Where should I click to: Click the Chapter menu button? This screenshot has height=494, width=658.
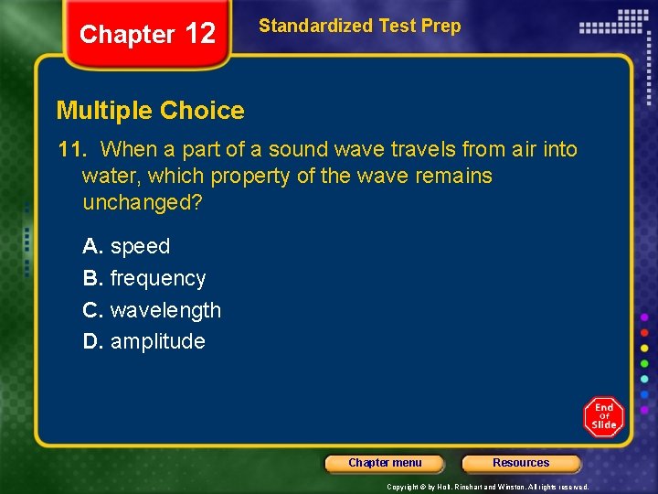385,463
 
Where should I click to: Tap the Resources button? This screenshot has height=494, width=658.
521,463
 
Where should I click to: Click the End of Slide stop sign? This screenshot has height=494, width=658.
604,417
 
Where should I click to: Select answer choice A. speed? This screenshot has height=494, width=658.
126,246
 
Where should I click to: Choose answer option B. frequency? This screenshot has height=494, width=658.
144,278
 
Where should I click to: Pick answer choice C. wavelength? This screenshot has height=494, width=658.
152,310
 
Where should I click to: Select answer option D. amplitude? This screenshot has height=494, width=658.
143,341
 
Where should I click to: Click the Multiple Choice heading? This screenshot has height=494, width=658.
151,111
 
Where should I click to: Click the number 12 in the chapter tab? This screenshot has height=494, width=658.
199,34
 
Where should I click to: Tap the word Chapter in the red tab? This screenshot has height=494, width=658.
127,35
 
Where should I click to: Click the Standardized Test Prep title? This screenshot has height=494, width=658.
360,26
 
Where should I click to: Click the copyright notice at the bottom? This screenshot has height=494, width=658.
487,488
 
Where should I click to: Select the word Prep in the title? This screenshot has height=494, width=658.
440,26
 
